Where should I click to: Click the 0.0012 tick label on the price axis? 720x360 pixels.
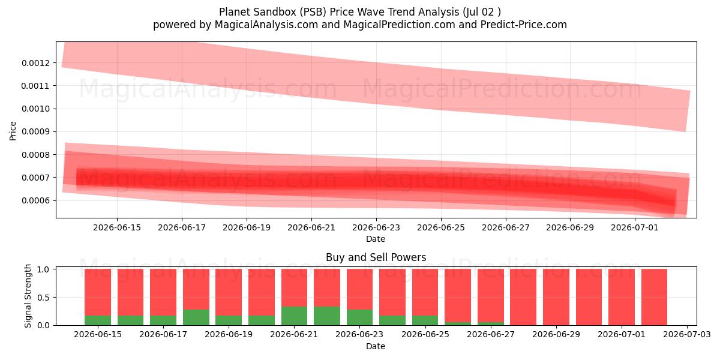(x=35, y=63)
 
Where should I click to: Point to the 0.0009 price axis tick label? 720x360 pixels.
(x=35, y=132)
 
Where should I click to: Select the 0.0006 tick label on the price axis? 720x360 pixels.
(x=35, y=200)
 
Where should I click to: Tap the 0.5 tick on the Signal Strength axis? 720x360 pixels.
(x=43, y=298)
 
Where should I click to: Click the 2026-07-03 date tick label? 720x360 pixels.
(x=687, y=334)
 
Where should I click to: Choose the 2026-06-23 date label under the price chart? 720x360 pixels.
(x=376, y=227)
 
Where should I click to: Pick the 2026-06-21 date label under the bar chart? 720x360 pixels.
(x=294, y=334)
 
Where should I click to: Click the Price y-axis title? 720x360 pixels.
(x=13, y=131)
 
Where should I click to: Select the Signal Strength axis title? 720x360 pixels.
(x=28, y=296)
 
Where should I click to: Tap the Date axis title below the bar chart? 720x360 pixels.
(x=376, y=346)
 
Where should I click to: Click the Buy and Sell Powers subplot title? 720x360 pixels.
(x=376, y=257)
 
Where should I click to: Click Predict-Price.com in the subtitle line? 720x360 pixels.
(x=524, y=25)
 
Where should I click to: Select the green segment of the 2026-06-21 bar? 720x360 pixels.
(x=294, y=316)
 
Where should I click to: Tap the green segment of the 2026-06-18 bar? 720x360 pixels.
(x=196, y=317)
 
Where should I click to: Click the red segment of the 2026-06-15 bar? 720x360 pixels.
(x=98, y=292)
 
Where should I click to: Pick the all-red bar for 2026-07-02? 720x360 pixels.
(x=654, y=297)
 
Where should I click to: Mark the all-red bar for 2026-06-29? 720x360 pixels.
(x=556, y=297)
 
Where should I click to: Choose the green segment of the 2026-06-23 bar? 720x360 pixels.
(x=359, y=317)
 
